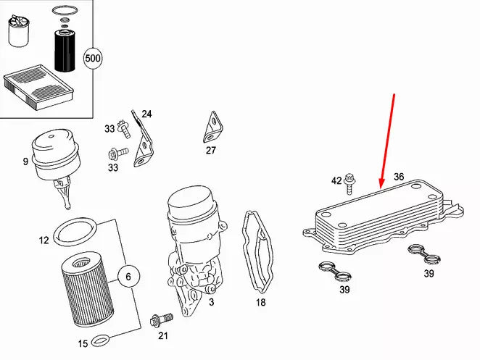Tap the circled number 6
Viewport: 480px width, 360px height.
coord(128,276)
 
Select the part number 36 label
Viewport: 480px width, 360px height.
coord(399,177)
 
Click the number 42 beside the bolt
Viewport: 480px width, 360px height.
coord(336,180)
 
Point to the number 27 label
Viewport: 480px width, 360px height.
coord(211,151)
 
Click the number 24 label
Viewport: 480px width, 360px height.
coord(146,114)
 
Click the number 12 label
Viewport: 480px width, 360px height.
coord(44,240)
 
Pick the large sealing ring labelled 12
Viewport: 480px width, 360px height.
coord(75,235)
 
